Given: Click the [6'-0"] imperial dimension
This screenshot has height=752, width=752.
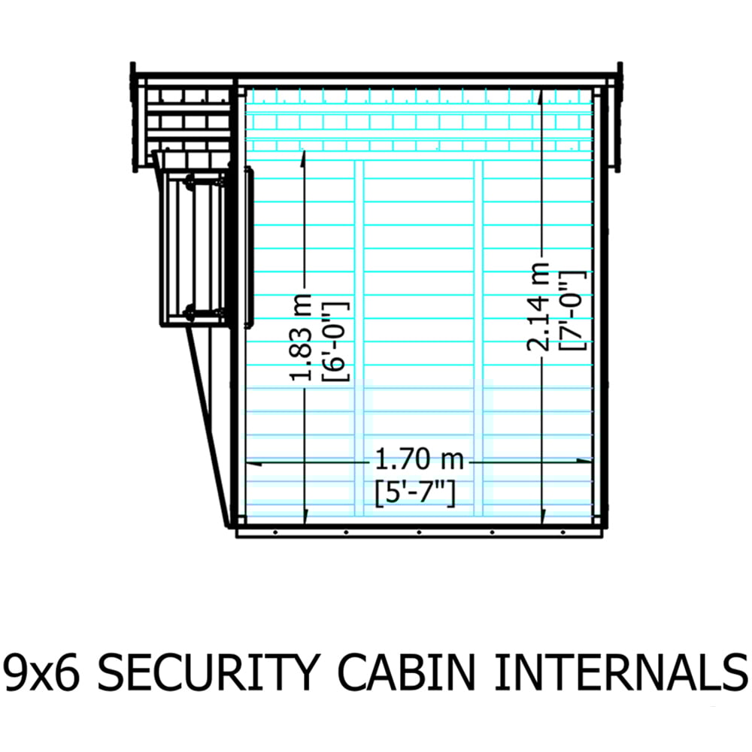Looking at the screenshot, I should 335,341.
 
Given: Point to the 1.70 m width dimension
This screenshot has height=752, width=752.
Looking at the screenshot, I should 418,459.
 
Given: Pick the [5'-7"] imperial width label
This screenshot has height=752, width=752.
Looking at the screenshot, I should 416,492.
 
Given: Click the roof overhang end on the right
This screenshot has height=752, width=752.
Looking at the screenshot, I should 619,117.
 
